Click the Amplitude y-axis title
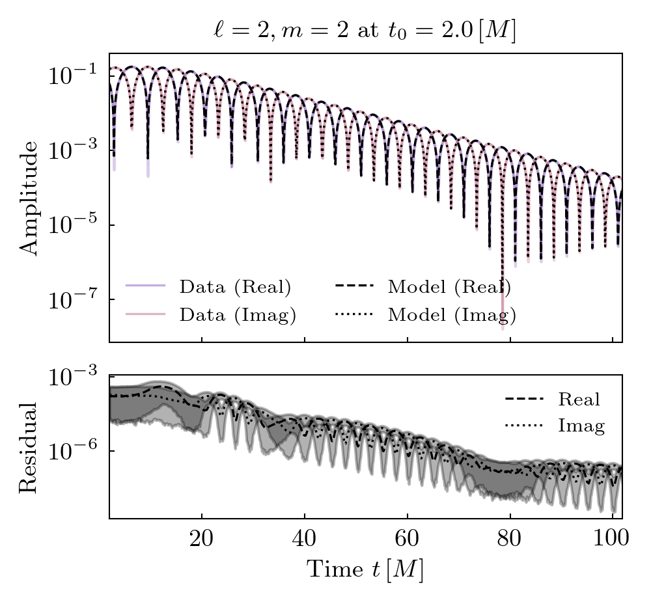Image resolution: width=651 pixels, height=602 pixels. pyautogui.click(x=29, y=197)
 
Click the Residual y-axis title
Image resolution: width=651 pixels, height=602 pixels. pyautogui.click(x=29, y=447)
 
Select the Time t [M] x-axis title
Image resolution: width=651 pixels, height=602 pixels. pyautogui.click(x=365, y=569)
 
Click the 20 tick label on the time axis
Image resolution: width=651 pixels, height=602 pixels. pyautogui.click(x=202, y=540)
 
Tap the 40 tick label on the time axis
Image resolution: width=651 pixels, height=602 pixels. pyautogui.click(x=305, y=540)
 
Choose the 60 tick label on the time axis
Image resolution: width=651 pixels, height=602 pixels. pyautogui.click(x=408, y=540)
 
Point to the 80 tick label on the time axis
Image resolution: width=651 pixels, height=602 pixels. pyautogui.click(x=510, y=540)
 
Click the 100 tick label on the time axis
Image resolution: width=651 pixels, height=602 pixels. pyautogui.click(x=612, y=540)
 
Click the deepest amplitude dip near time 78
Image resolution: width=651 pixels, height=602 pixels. pyautogui.click(x=503, y=325)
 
